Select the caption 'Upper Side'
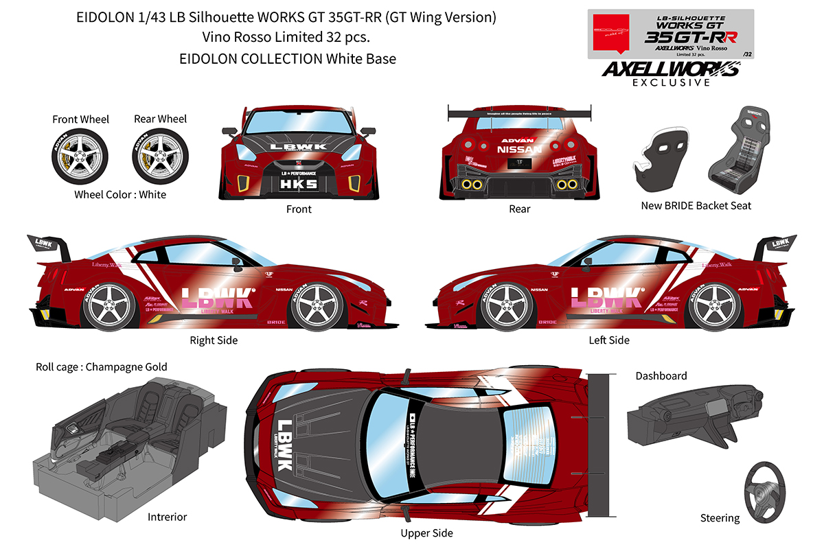[426, 533]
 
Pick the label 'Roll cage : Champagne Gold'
[101, 367]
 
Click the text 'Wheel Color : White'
[120, 194]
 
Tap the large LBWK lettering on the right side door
[218, 297]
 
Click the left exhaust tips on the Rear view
[471, 185]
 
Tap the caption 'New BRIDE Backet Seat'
[696, 205]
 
